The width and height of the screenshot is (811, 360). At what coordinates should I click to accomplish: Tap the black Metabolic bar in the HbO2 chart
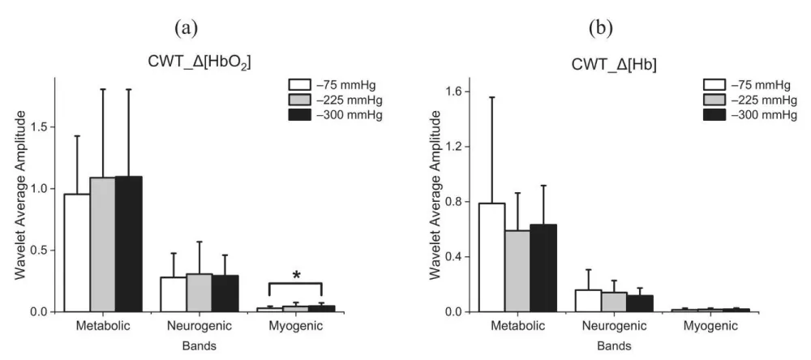click(128, 244)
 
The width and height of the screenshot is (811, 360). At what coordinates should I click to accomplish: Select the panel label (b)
click(601, 28)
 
